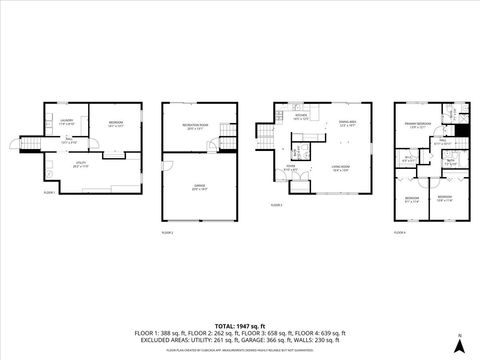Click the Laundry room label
66,121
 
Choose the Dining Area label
346,123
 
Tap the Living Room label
340,169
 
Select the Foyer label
290,169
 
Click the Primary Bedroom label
416,126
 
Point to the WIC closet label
408,157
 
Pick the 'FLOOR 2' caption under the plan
167,231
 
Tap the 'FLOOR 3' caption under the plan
277,205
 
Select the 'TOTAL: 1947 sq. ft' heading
239,325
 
